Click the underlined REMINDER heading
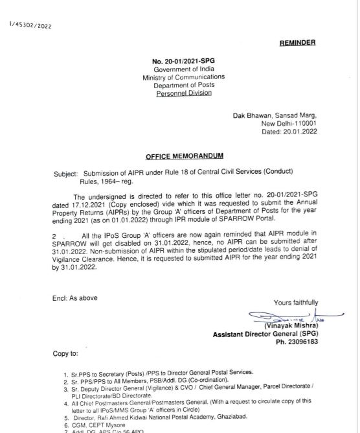click(x=298, y=42)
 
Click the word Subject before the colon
click(x=65, y=174)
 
